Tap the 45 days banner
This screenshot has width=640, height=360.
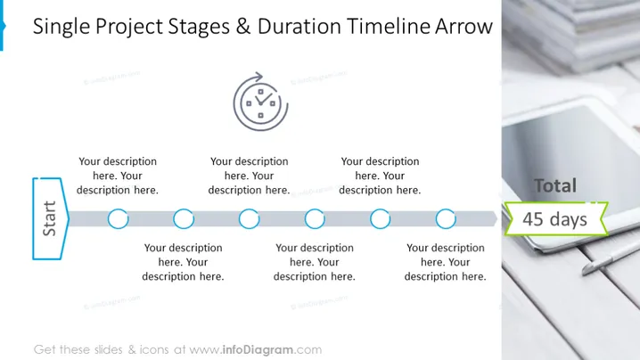556,219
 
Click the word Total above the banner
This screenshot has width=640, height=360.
555,185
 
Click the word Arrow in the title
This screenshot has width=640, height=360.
464,26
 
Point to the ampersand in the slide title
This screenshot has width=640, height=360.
242,26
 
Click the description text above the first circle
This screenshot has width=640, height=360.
118,176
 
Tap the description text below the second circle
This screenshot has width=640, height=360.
184,262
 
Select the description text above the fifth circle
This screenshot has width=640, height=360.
380,176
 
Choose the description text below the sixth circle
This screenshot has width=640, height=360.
446,262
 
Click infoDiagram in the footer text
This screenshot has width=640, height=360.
258,350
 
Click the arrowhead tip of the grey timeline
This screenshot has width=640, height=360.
497,219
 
